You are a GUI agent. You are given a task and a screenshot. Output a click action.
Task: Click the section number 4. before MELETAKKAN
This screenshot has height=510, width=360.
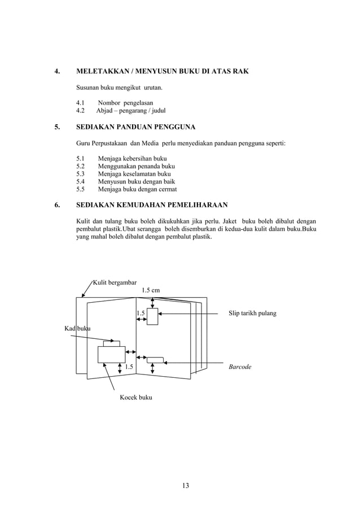(x=56, y=72)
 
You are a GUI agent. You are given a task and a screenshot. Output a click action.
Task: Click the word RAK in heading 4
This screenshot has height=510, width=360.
(x=239, y=72)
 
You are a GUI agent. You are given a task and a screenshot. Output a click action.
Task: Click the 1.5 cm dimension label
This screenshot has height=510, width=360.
(x=151, y=290)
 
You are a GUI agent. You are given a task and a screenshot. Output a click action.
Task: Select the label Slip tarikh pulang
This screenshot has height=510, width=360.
(x=252, y=312)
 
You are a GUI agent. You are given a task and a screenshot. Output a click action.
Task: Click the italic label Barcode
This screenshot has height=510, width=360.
(x=240, y=367)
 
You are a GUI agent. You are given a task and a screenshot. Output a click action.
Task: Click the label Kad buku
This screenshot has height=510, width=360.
(x=77, y=328)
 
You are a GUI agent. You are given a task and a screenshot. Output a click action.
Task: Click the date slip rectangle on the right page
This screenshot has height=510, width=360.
(x=152, y=316)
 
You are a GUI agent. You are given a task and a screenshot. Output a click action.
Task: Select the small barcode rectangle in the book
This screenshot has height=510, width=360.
(x=155, y=359)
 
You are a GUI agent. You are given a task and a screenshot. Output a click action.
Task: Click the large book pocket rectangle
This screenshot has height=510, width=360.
(x=111, y=354)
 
